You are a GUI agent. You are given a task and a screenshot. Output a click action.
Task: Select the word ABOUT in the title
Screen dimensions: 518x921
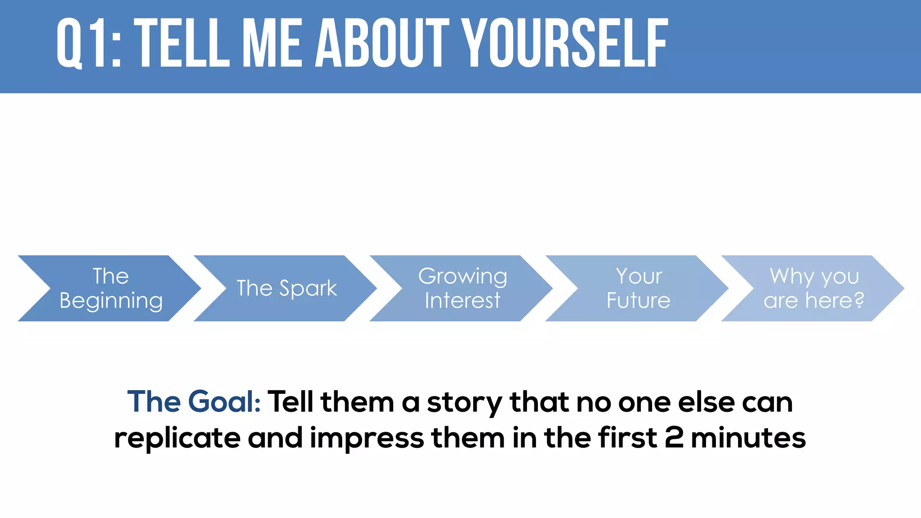[382, 44]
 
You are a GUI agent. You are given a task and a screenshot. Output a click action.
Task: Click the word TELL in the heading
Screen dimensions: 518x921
[182, 44]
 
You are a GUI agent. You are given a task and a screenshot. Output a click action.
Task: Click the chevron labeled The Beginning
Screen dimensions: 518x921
[111, 288]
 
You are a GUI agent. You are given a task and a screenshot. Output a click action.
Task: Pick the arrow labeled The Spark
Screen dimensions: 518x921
[286, 288]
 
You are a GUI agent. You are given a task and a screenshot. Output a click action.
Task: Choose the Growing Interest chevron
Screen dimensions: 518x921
[462, 288]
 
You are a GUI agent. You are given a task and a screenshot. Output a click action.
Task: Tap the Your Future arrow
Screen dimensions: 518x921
[638, 288]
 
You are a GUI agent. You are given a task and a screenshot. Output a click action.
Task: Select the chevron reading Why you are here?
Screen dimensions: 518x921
[814, 288]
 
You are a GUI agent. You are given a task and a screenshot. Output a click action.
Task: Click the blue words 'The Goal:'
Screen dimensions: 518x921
[194, 402]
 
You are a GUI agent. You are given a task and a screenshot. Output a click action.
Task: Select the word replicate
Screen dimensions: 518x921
[177, 438]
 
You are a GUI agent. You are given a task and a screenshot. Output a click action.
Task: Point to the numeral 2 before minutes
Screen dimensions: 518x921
[674, 438]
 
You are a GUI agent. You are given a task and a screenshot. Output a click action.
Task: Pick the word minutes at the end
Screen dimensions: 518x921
[748, 438]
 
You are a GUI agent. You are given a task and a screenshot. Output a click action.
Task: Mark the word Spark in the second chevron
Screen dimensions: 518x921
[308, 289]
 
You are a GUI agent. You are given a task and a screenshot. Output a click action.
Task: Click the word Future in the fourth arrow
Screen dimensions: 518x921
[638, 300]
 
